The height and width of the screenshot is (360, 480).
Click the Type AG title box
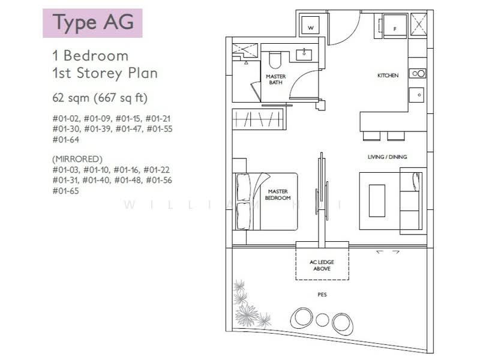(92, 23)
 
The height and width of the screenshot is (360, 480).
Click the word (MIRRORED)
(77, 159)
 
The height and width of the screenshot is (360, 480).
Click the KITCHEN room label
(388, 76)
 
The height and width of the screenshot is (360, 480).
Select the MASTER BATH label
(276, 80)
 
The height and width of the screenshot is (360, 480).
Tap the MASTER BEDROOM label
(279, 194)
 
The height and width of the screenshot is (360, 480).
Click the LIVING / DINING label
(387, 157)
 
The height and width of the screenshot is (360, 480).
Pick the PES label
(322, 295)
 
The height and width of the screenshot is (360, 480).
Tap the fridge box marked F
(394, 28)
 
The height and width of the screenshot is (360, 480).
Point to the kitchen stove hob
(417, 73)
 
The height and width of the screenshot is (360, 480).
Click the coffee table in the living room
(377, 200)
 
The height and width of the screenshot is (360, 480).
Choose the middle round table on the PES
(322, 319)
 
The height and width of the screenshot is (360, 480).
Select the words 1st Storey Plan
(105, 74)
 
